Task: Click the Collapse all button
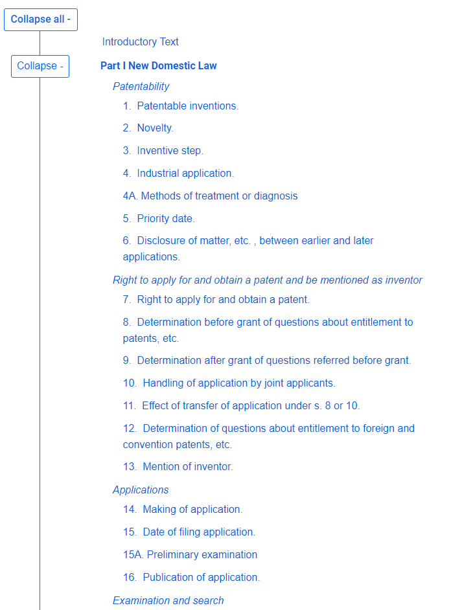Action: pos(41,19)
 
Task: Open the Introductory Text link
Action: pos(140,42)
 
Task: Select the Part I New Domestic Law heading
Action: pos(159,66)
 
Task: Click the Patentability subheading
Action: pos(141,87)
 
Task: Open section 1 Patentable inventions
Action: pos(181,106)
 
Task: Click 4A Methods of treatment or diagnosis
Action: pos(210,196)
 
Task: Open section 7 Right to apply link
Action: pos(216,300)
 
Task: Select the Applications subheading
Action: pos(141,490)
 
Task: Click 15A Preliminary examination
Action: pos(190,555)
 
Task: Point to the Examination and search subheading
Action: pos(168,601)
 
